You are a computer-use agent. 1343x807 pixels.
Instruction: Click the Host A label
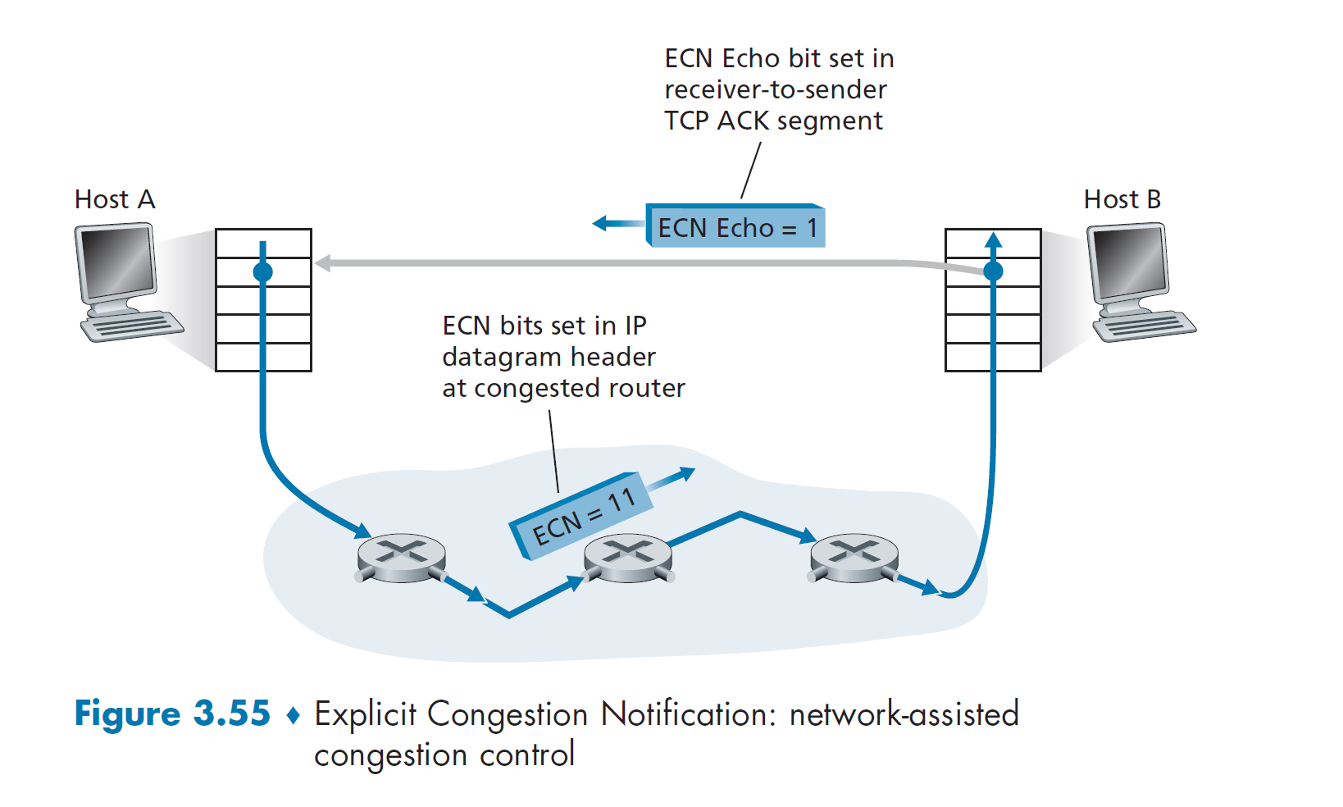(x=115, y=199)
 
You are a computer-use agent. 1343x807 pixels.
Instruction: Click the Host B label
(x=1122, y=199)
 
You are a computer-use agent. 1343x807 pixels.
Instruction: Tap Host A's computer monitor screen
(x=116, y=261)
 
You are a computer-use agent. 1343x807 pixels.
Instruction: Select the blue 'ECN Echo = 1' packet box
(x=735, y=227)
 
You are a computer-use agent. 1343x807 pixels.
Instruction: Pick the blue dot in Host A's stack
(x=262, y=271)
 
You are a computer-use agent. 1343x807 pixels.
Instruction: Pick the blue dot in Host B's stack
(x=993, y=271)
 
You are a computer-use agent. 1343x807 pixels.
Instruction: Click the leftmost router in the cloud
(x=402, y=559)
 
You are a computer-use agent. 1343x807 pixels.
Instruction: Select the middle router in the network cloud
(x=628, y=559)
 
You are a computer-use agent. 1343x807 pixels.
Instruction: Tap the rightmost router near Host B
(x=854, y=559)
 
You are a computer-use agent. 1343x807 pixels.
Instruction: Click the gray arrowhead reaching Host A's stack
(x=323, y=263)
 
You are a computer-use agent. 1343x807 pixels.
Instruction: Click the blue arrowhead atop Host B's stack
(x=993, y=239)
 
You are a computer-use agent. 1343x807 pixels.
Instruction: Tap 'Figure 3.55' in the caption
(x=172, y=713)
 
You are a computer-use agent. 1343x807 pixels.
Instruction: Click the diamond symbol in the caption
(x=293, y=715)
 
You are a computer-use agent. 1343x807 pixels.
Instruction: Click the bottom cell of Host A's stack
(x=263, y=357)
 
